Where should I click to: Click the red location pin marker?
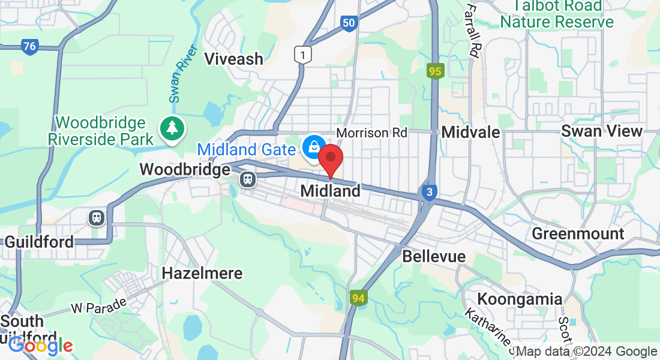[x=330, y=158]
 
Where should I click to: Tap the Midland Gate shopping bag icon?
[x=313, y=146]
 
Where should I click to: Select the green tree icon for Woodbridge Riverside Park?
[x=172, y=128]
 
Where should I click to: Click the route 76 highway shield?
[x=29, y=46]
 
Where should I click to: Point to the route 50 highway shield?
[x=349, y=23]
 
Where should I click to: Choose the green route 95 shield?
[x=435, y=71]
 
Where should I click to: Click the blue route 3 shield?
[x=428, y=193]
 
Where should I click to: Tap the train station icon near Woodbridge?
[x=247, y=179]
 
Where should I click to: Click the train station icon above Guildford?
[x=97, y=217]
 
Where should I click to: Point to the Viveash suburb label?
[x=234, y=59]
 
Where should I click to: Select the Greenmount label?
[x=578, y=233]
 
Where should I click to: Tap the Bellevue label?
[x=434, y=256]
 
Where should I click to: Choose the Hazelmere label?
[x=202, y=274]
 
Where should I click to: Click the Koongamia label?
[x=520, y=299]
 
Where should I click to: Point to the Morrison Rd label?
[x=371, y=132]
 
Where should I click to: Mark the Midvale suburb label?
[x=470, y=132]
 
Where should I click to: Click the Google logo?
[x=40, y=346]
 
